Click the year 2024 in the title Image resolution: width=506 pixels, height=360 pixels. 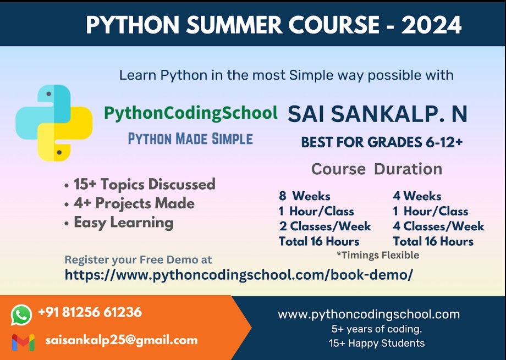coord(431,25)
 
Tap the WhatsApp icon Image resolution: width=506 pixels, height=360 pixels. coord(21,315)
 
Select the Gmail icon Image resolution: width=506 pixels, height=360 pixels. coord(23,342)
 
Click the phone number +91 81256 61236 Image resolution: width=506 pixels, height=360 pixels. coord(90,312)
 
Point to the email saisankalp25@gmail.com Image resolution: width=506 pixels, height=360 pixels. coord(122,340)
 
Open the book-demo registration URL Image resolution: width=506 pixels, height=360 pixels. coord(239,275)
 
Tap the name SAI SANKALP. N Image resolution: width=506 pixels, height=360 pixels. coord(377,114)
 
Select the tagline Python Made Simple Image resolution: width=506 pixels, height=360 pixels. coord(190,139)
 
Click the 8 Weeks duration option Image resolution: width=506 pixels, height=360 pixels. coord(305,196)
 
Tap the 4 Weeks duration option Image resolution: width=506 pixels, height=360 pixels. coord(417,196)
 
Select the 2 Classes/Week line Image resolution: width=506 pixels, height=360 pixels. coord(325,226)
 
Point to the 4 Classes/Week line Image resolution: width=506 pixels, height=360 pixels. coord(438,226)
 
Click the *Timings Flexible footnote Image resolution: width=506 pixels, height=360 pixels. coord(378,255)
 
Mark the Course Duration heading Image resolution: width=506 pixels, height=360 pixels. coord(377,169)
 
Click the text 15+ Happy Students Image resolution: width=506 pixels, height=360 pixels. coord(377,343)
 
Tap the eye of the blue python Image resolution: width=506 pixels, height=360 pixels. coord(49,94)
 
